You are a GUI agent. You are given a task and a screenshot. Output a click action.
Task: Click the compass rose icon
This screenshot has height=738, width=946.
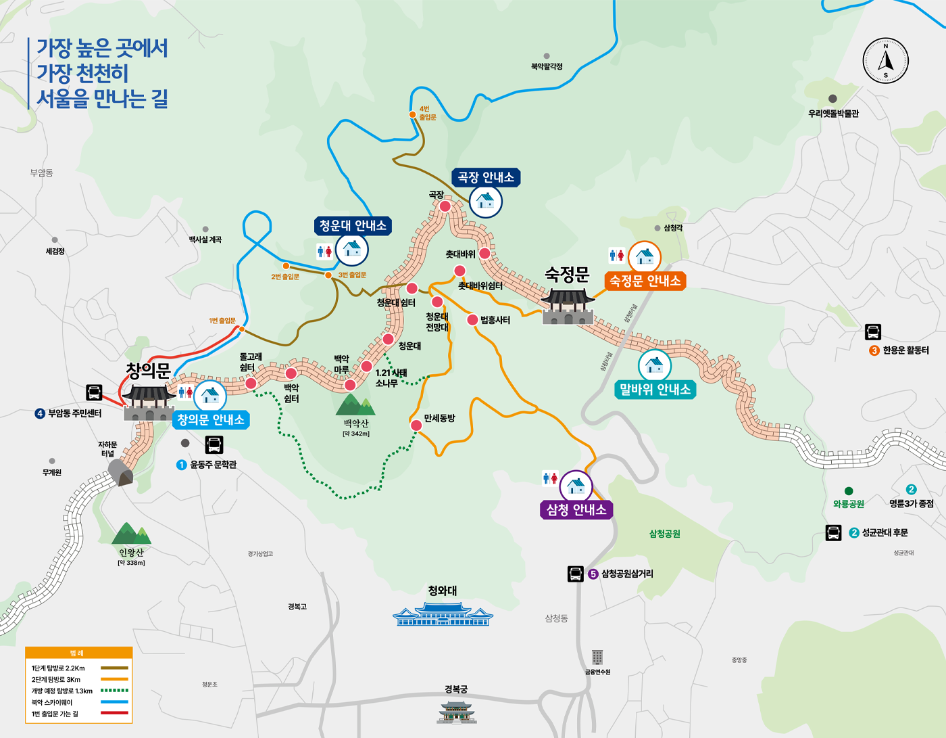pos(885,61)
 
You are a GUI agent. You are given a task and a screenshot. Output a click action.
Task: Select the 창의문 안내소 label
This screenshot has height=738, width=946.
pos(211,420)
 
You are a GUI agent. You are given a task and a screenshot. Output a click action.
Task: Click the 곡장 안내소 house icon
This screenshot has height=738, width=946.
pos(485,200)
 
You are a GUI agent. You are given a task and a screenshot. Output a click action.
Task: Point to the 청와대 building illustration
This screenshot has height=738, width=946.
pos(443,614)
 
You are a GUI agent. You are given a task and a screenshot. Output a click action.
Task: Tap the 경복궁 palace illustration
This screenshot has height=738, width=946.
pos(457,712)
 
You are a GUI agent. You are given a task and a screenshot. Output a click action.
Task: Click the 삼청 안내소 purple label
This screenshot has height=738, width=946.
pos(576,510)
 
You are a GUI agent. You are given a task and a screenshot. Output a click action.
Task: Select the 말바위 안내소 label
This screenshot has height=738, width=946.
pos(655,390)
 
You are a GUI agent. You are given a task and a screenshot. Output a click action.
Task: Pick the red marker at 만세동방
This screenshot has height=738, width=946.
pos(416,425)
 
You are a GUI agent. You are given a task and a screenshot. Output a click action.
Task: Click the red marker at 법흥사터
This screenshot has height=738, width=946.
pos(472,319)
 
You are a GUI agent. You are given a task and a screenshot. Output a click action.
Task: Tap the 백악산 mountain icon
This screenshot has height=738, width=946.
pos(355,405)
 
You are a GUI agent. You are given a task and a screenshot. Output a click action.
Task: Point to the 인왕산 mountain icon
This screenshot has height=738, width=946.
pos(131,534)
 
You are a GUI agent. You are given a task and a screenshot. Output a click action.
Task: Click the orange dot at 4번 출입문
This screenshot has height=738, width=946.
pos(412,114)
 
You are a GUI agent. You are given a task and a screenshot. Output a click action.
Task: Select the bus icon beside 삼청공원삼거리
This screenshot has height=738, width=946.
pos(575,574)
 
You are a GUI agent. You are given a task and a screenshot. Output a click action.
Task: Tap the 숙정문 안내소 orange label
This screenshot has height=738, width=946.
pos(645,281)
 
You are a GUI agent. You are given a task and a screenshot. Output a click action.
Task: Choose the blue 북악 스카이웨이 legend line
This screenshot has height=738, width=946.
pos(114,702)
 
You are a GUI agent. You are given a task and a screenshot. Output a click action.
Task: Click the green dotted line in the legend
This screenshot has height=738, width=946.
pos(114,691)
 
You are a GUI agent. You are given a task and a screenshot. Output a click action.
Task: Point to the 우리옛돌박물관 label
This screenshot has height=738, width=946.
pos(833,114)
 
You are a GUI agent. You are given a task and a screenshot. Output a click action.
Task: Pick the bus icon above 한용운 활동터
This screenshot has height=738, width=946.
pos(872,332)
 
